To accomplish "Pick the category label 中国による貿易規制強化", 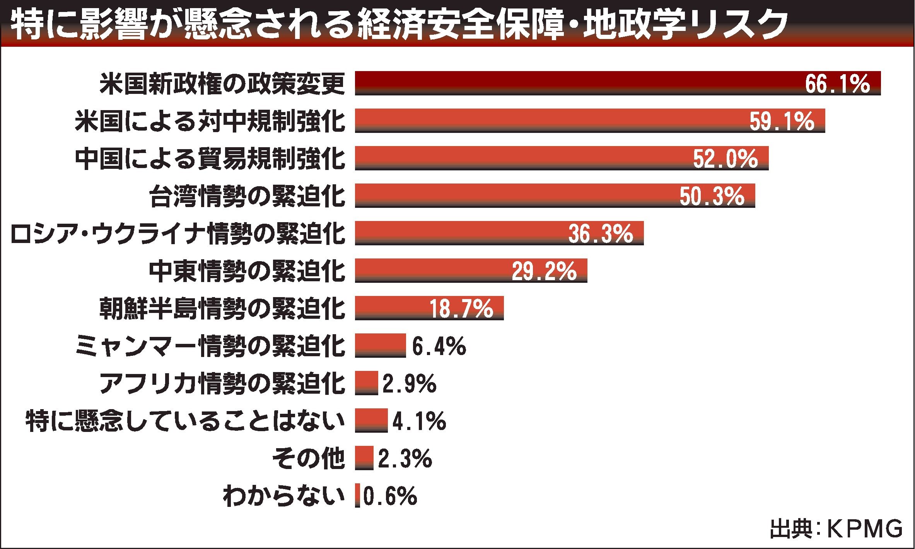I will pos(210,159).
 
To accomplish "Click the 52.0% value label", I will pos(725,159).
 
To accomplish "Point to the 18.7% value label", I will pos(461,309).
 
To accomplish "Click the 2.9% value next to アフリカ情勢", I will pos(409,384).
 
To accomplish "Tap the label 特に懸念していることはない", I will pos(185,422).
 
